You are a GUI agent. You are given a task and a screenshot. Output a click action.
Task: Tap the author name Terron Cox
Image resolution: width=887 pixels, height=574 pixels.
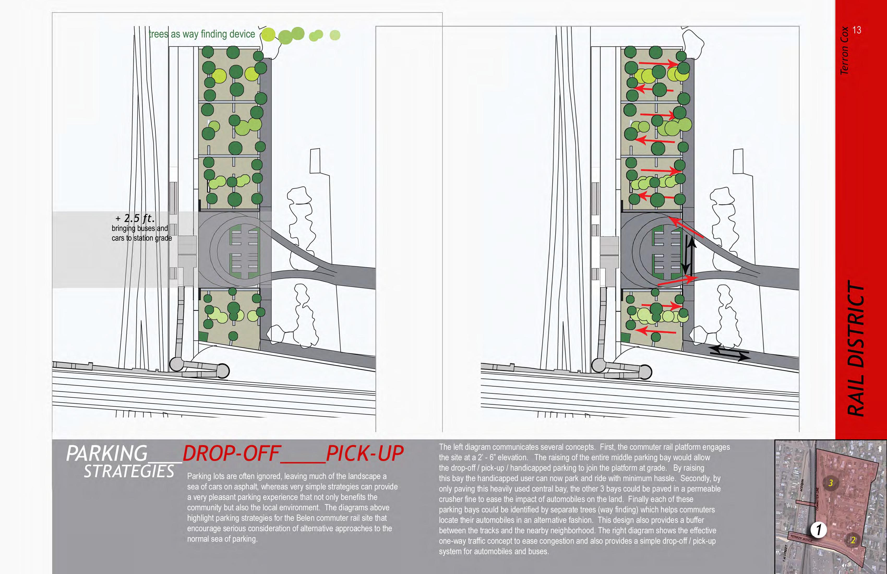pyautogui.click(x=844, y=50)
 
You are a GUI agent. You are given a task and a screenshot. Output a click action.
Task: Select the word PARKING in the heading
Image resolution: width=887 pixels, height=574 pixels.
pyautogui.click(x=107, y=454)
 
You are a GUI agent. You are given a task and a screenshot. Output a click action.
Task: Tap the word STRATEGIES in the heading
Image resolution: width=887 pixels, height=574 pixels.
pyautogui.click(x=129, y=471)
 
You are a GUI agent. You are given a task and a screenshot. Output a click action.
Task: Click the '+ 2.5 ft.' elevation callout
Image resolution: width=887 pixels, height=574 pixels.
pyautogui.click(x=135, y=218)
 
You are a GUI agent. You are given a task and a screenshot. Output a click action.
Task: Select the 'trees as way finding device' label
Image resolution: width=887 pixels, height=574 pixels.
pyautogui.click(x=202, y=34)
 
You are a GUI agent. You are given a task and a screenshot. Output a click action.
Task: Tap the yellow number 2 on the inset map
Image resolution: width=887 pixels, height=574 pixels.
pyautogui.click(x=853, y=540)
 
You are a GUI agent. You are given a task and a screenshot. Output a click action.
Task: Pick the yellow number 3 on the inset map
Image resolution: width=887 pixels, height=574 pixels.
pyautogui.click(x=830, y=483)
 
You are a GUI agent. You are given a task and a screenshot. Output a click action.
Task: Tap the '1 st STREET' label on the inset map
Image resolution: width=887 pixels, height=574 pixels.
pyautogui.click(x=785, y=553)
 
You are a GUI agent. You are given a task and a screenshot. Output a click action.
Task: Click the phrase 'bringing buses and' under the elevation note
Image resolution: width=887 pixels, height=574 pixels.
pyautogui.click(x=140, y=228)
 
